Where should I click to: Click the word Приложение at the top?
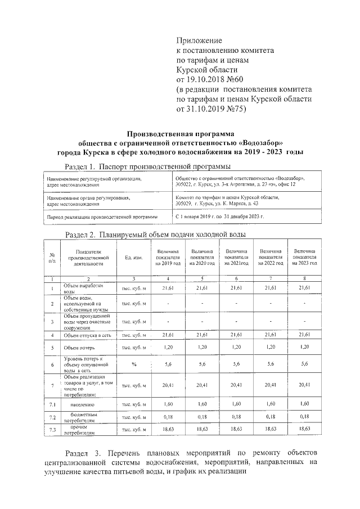coord(199,41)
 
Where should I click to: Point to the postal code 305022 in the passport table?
coord(184,184)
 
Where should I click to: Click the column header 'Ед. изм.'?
coord(134,258)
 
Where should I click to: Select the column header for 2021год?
coord(236,257)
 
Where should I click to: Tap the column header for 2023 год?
coord(304,257)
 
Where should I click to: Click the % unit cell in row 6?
coord(134,364)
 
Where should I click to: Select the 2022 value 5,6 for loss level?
coord(271,364)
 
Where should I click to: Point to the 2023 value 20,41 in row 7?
coord(304,385)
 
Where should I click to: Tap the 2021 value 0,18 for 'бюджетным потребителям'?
coord(236,417)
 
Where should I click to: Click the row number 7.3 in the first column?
coord(52,430)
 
